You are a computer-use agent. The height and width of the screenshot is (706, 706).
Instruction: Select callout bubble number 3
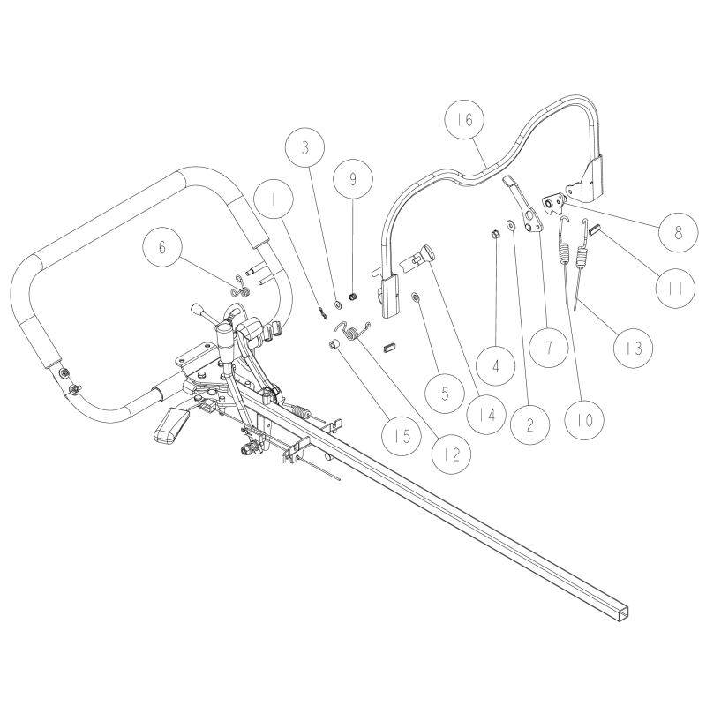click(x=305, y=147)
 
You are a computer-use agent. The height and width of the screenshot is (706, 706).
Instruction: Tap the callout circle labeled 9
click(x=353, y=179)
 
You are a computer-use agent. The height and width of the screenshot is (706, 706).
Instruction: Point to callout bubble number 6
click(x=161, y=249)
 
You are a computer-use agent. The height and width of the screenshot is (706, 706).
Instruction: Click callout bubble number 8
click(x=678, y=233)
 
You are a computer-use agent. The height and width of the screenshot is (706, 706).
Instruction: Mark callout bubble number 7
click(x=549, y=347)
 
